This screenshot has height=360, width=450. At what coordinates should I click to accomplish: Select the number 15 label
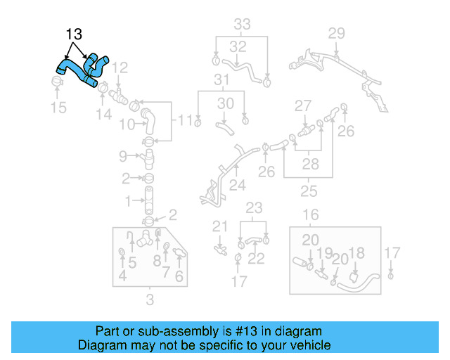[x=58, y=108]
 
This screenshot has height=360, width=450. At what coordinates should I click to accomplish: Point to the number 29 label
[x=336, y=32]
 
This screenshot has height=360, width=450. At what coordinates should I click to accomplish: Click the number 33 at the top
[x=242, y=25]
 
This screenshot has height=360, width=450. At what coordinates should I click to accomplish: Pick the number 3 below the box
[x=149, y=302]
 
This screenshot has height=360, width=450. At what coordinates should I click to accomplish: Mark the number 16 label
[x=311, y=214]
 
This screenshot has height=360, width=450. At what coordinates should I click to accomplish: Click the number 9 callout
[x=122, y=155]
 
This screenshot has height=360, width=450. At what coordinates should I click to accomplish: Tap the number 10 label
[x=126, y=125]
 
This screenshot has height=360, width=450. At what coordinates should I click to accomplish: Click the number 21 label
[x=220, y=226]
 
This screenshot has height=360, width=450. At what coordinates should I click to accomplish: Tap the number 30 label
[x=225, y=103]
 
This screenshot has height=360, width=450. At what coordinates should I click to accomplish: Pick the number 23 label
[x=253, y=207]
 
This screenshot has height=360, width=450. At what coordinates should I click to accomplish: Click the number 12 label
[x=120, y=68]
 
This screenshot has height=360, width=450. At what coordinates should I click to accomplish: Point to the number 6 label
[x=179, y=276]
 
